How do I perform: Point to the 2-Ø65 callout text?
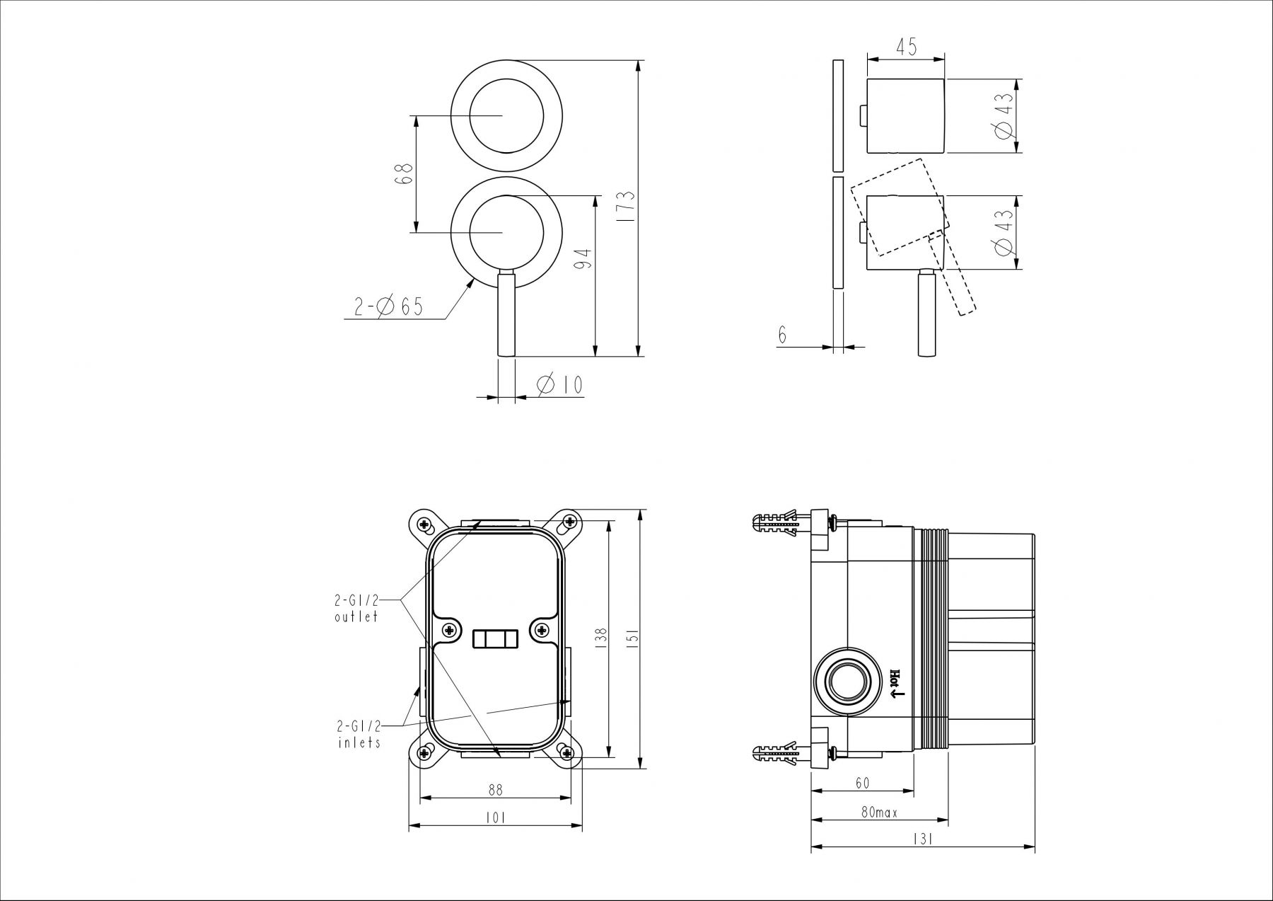pos(389,306)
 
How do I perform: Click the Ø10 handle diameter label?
pos(559,385)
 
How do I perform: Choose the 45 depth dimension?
pos(906,47)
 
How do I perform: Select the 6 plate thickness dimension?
pos(783,335)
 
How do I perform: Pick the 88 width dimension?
pos(495,788)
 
